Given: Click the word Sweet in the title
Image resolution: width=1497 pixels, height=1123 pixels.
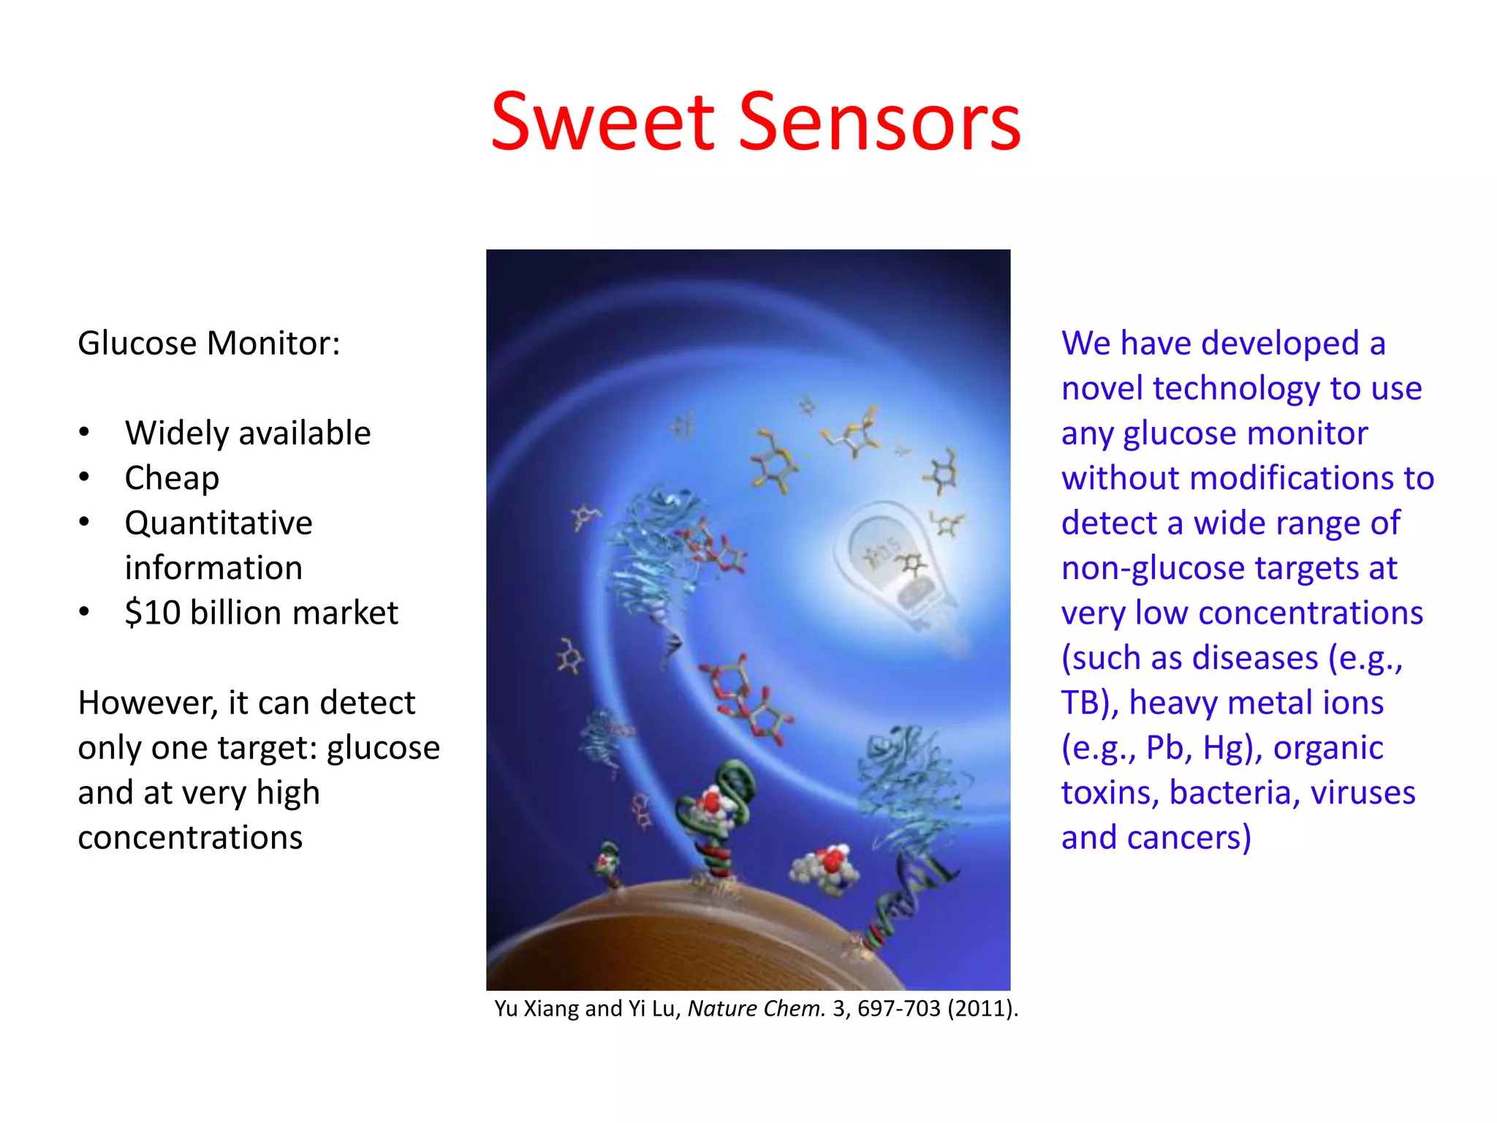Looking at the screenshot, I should click(602, 122).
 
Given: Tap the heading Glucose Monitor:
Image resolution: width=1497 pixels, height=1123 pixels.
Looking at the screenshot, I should click(209, 344).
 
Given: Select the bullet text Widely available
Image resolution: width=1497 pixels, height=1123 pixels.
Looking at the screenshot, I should click(248, 434).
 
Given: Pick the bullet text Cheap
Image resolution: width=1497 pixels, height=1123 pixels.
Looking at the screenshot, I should click(172, 479).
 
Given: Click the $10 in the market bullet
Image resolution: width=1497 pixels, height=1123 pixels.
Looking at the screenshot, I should click(152, 613).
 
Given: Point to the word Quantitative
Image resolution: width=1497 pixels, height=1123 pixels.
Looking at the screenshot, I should click(219, 523).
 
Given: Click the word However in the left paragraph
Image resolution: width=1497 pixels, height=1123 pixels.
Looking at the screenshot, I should click(147, 703).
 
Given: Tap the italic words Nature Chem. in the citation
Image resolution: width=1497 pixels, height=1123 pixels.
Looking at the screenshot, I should click(756, 1009).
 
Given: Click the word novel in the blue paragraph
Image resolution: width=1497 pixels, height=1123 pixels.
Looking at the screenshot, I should click(1102, 389).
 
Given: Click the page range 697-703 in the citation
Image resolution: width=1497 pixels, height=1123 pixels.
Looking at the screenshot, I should click(898, 1009).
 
